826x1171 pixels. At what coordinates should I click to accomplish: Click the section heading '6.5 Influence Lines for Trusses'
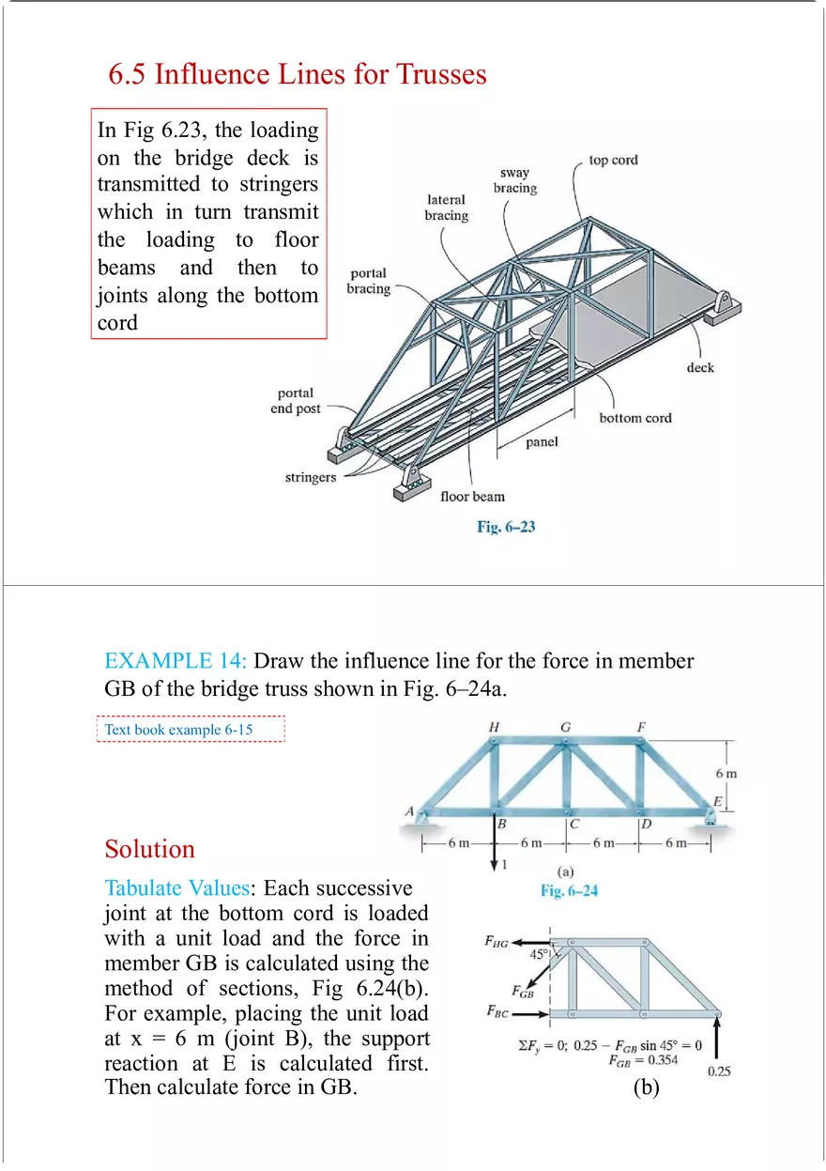pyautogui.click(x=298, y=74)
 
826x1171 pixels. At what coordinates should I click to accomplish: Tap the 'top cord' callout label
pyautogui.click(x=613, y=161)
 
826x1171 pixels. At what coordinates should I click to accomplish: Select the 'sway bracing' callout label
pyautogui.click(x=515, y=180)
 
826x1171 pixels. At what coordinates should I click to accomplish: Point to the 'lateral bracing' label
pyautogui.click(x=446, y=208)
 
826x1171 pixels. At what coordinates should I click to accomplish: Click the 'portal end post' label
pyautogui.click(x=295, y=401)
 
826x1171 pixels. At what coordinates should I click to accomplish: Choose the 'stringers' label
pyautogui.click(x=310, y=478)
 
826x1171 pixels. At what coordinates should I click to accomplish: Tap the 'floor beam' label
pyautogui.click(x=472, y=497)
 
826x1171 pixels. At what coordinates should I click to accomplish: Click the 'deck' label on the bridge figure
pyautogui.click(x=699, y=367)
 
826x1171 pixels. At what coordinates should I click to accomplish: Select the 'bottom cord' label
pyautogui.click(x=635, y=418)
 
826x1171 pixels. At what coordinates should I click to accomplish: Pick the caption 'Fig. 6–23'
pyautogui.click(x=506, y=527)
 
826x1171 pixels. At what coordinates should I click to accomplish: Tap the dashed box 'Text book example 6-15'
pyautogui.click(x=191, y=729)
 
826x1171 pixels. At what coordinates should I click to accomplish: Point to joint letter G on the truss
pyautogui.click(x=565, y=727)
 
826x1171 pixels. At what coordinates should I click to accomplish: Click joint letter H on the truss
pyautogui.click(x=494, y=727)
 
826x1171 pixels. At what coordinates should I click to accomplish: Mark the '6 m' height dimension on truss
pyautogui.click(x=726, y=774)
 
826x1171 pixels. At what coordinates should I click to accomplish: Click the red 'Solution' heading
pyautogui.click(x=150, y=849)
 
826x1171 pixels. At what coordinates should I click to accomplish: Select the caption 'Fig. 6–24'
pyautogui.click(x=569, y=890)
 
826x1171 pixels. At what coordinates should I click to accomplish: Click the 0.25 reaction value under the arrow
pyautogui.click(x=718, y=1071)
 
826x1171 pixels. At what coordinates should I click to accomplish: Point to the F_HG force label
pyautogui.click(x=496, y=943)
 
